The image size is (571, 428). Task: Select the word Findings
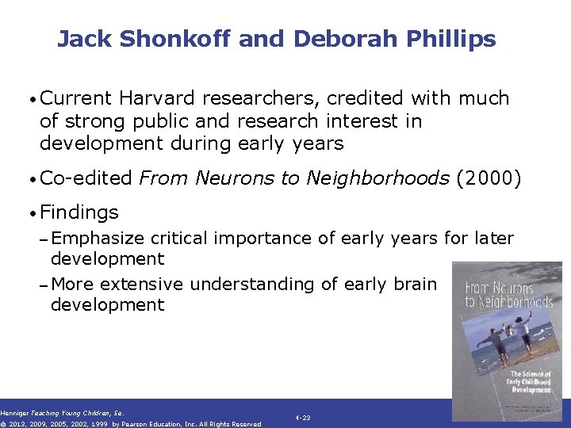click(x=79, y=212)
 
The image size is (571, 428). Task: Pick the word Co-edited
click(x=86, y=179)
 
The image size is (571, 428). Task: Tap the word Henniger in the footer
click(x=14, y=412)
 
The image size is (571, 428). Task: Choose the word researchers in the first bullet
click(x=247, y=98)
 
